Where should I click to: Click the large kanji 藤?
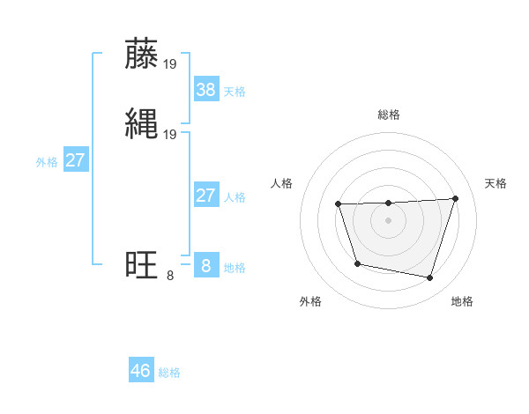coord(142,54)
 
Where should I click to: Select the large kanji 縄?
coord(142,122)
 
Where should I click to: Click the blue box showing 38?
coord(205,89)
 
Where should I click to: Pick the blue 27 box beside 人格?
coord(205,196)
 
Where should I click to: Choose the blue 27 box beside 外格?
coord(76,160)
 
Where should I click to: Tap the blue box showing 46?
coord(141,371)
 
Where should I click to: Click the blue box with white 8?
coord(205,266)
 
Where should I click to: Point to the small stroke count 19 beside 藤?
coord(170,64)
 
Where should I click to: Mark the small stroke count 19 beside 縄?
coord(170,134)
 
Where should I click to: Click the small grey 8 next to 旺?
coord(169,276)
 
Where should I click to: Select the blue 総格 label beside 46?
coord(169,373)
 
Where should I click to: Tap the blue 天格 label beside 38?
coord(235,92)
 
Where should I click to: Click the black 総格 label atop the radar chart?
coord(389,115)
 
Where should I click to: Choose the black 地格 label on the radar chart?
coord(462,301)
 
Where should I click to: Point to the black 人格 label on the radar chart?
coord(282,183)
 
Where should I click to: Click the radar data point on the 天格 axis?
coord(455,198)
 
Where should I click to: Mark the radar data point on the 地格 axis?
coord(429,278)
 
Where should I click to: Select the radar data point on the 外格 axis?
coord(356,263)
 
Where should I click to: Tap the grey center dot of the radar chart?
coord(389,220)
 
